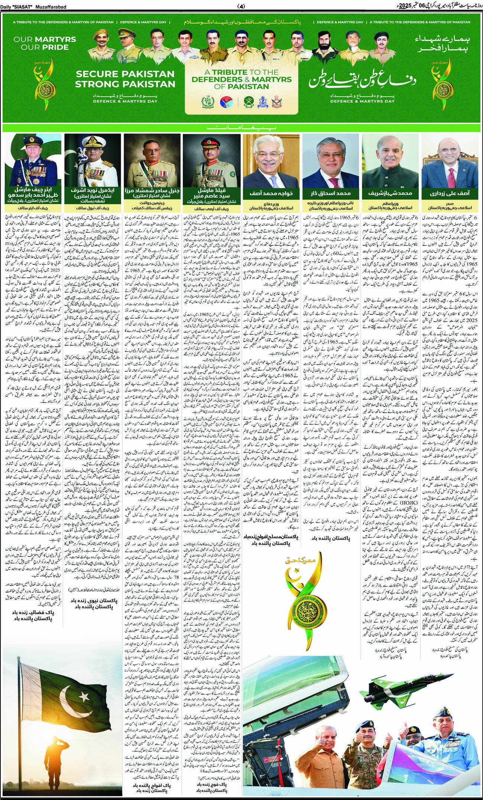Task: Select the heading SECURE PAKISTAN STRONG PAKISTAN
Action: (125, 79)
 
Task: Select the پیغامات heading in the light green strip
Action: (241, 128)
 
